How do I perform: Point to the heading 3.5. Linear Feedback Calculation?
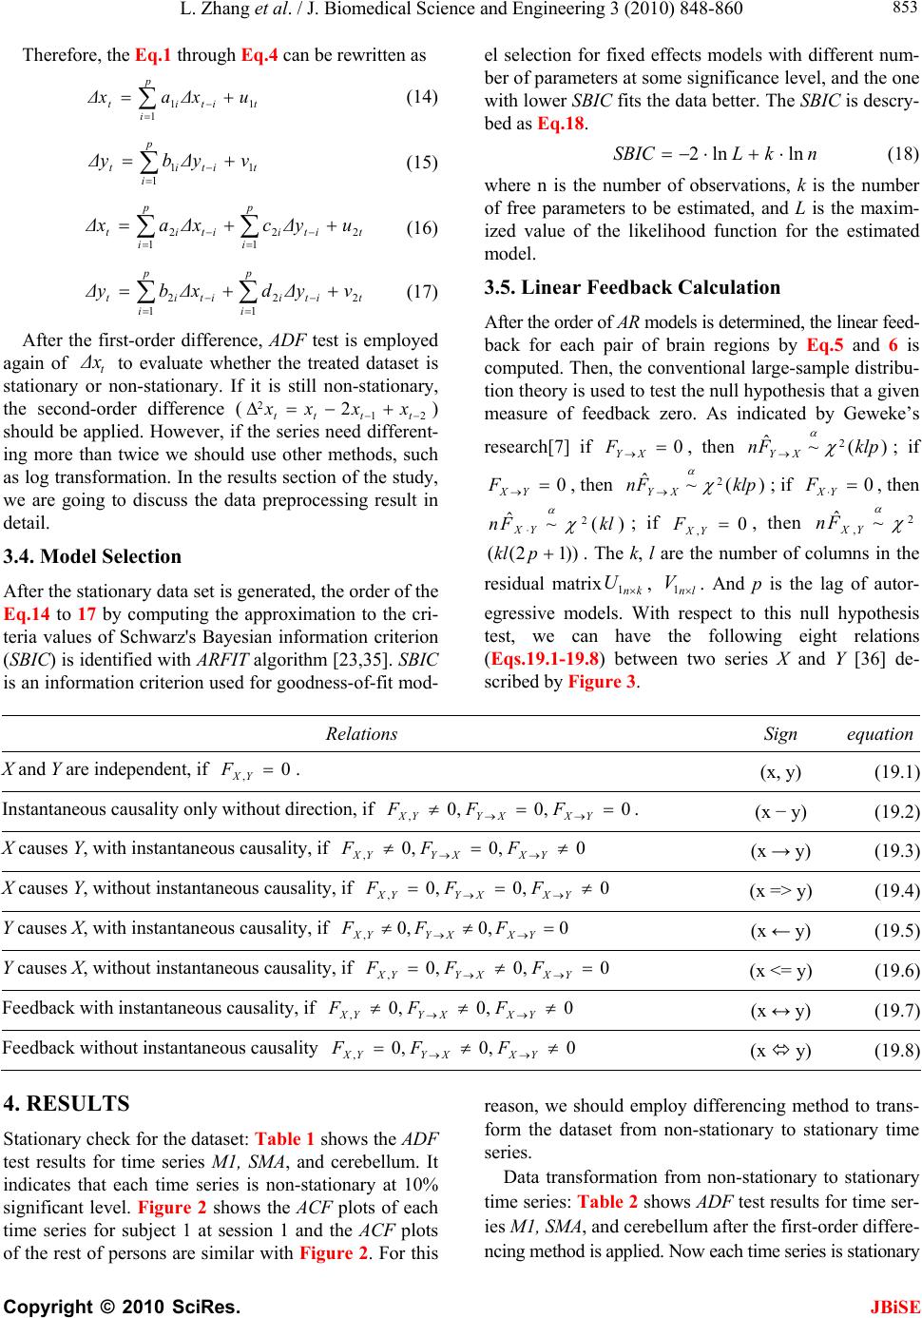click(632, 287)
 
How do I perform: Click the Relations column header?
click(361, 733)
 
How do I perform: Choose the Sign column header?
click(780, 733)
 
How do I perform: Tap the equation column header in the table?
click(879, 733)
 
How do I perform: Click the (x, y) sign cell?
click(779, 771)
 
